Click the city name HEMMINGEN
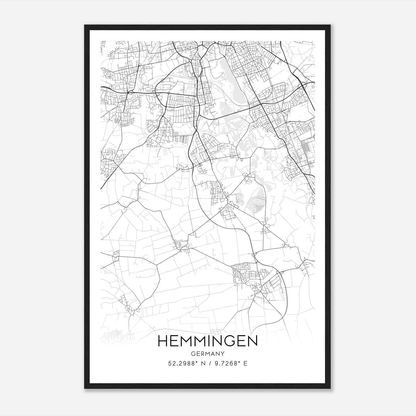[207, 341]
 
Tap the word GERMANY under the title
[207, 354]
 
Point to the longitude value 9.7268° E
[230, 363]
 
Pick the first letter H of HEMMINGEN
[162, 341]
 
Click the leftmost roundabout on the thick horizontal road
[130, 92]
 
